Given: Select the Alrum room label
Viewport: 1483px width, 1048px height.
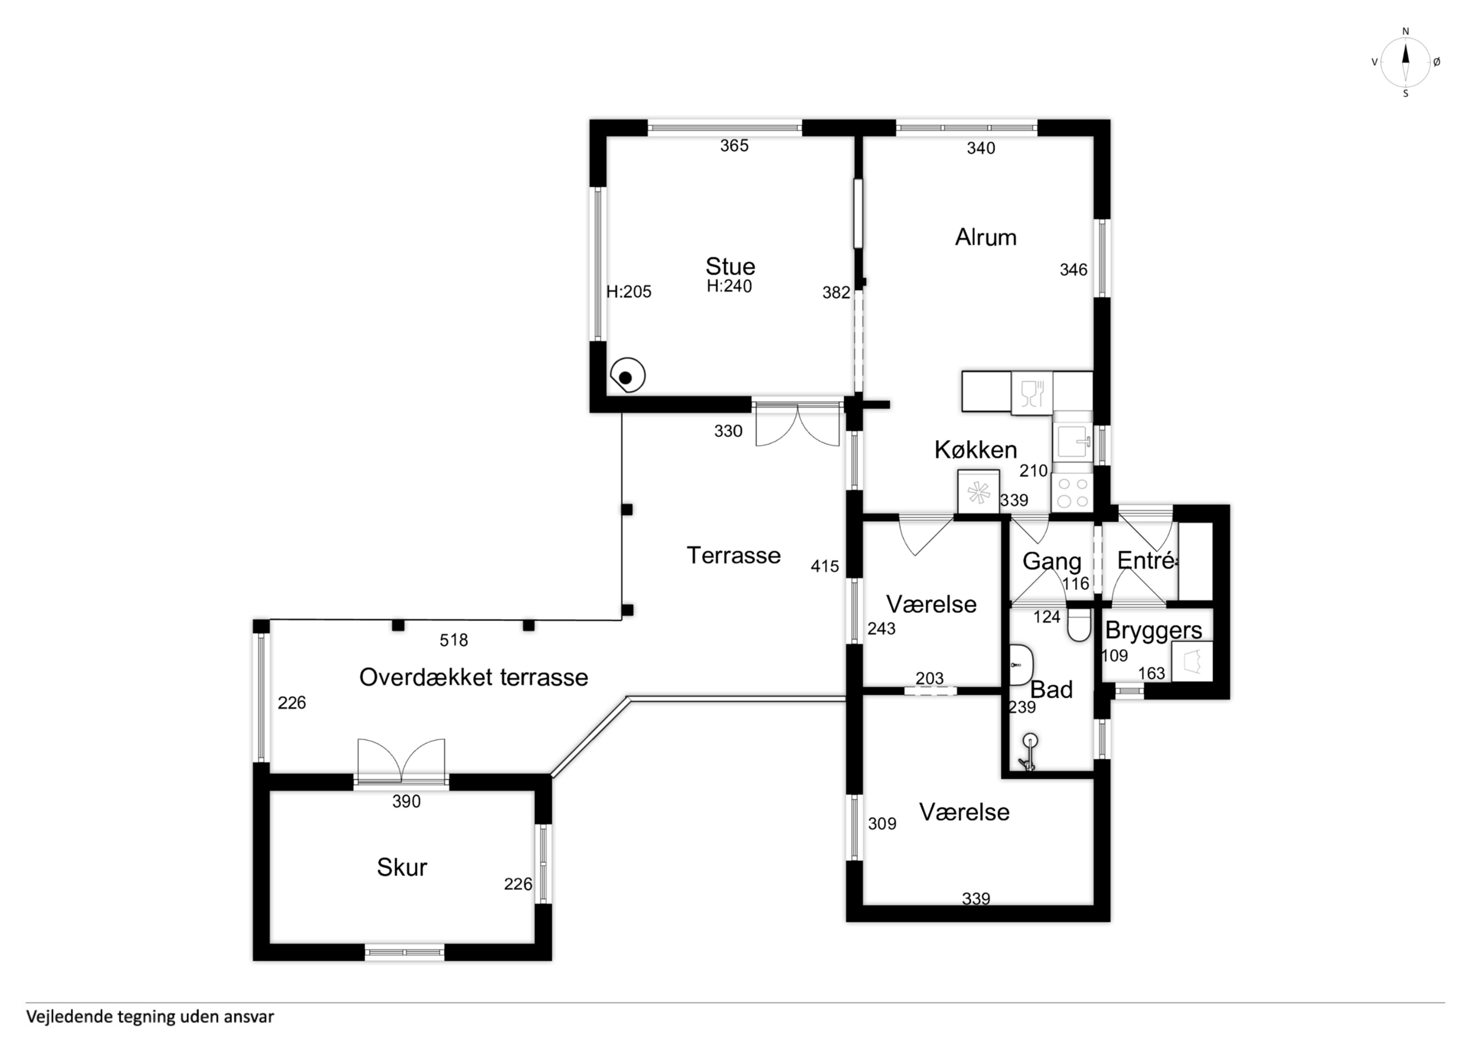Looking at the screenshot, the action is coord(986,238).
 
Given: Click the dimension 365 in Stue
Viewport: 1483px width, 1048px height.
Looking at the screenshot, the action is coord(735,146).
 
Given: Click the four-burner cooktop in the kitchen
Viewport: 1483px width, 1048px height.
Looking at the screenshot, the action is coord(1072,492).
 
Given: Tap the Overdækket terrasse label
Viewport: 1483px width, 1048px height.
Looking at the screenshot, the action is coord(474,677).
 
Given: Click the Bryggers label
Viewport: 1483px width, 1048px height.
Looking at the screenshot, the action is coord(1154,630).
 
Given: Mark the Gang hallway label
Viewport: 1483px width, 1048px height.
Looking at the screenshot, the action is coord(1052,562).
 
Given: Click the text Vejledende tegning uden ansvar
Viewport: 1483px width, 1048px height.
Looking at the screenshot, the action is coord(150,1017).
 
